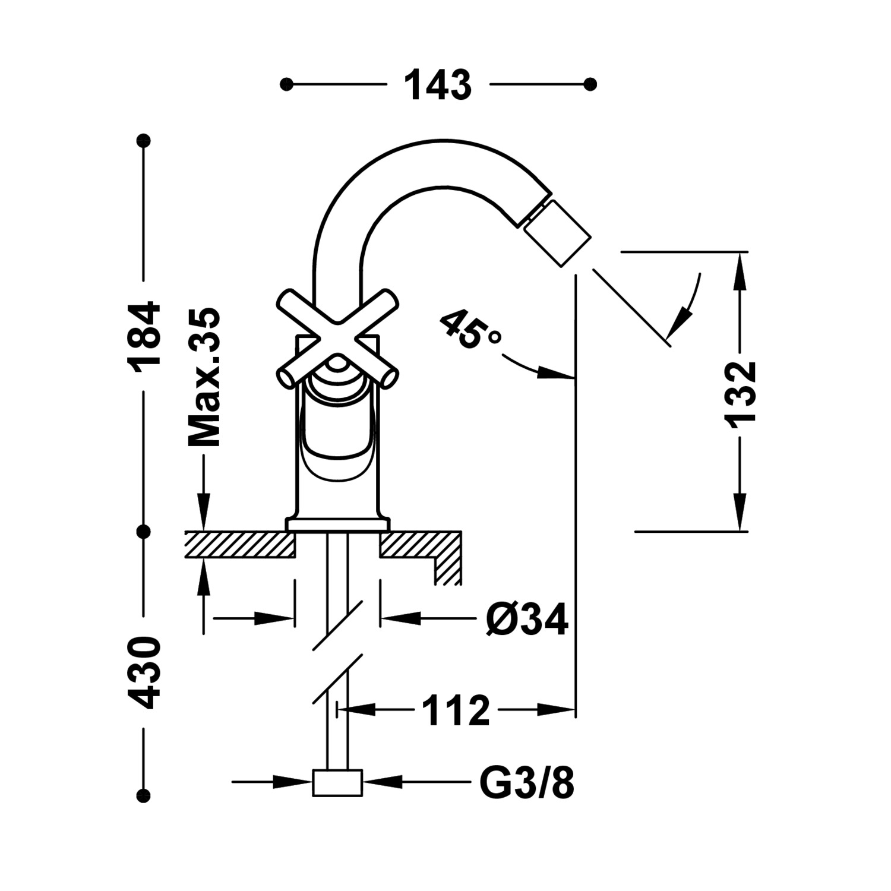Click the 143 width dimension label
click(x=438, y=85)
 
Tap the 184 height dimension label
click(x=145, y=337)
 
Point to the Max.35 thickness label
click(x=204, y=377)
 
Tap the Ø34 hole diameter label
click(x=527, y=619)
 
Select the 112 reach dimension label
click(x=456, y=709)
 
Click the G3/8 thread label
click(x=527, y=783)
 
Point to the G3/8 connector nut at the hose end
click(x=337, y=783)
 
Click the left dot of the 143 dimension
click(x=287, y=84)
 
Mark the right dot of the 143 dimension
click(x=590, y=84)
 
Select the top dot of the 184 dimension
click(x=143, y=141)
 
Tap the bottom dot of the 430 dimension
click(x=143, y=795)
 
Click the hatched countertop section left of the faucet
click(x=240, y=545)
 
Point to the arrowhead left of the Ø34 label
click(x=392, y=618)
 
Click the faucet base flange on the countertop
click(x=337, y=525)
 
